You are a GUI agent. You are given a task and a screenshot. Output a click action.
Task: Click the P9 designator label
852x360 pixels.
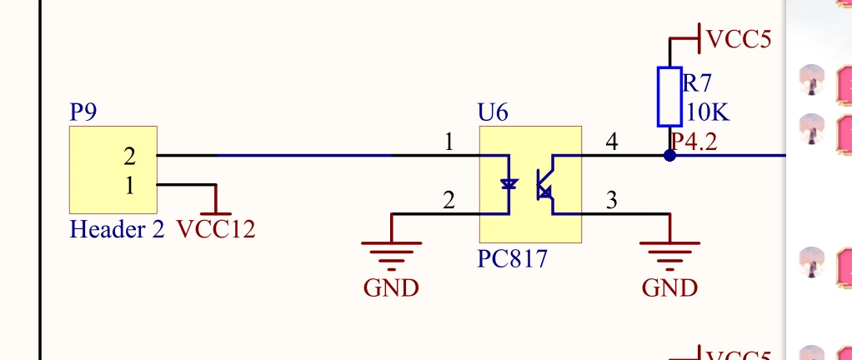pyautogui.click(x=83, y=112)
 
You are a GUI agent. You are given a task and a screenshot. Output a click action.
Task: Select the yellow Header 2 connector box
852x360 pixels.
pyautogui.click(x=113, y=170)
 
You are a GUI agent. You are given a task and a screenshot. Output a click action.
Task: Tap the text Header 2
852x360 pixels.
pyautogui.click(x=117, y=229)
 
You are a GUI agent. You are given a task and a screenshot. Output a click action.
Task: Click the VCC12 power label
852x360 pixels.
pyautogui.click(x=216, y=229)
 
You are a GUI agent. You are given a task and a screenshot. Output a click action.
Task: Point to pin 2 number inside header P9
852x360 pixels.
pyautogui.click(x=129, y=156)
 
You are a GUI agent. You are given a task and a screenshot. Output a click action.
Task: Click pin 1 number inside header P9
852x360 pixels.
pyautogui.click(x=129, y=185)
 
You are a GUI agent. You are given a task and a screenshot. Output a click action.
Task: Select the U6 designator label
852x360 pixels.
pyautogui.click(x=493, y=112)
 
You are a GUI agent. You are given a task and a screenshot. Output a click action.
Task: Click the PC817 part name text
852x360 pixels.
pyautogui.click(x=513, y=259)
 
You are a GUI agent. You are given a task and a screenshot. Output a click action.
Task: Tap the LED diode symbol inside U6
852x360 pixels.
pyautogui.click(x=509, y=184)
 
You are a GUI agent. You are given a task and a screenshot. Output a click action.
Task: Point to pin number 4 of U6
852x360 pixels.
pyautogui.click(x=612, y=142)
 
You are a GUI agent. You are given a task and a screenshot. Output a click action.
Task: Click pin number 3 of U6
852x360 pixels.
pyautogui.click(x=612, y=200)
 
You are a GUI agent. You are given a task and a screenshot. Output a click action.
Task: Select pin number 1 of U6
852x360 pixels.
pyautogui.click(x=449, y=142)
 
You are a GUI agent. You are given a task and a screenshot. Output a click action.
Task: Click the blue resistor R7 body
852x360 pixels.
pyautogui.click(x=669, y=96)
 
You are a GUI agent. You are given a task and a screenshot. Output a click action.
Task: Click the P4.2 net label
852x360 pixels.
pyautogui.click(x=694, y=142)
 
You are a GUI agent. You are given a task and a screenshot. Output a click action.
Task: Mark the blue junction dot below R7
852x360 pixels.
pyautogui.click(x=669, y=155)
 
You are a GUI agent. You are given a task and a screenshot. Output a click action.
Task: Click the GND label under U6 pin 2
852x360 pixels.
pyautogui.click(x=391, y=288)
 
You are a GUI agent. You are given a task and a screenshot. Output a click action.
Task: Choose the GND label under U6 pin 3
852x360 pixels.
pyautogui.click(x=669, y=288)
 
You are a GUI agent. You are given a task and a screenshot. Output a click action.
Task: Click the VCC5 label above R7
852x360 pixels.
pyautogui.click(x=739, y=38)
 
